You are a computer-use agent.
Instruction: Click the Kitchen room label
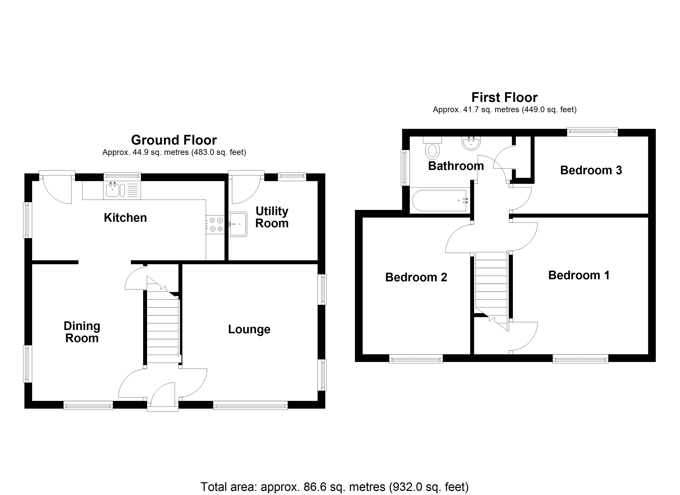125,218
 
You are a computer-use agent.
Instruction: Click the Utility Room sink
238,224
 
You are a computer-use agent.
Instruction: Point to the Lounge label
249,329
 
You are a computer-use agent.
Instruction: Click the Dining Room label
82,332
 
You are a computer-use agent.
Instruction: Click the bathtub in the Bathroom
439,200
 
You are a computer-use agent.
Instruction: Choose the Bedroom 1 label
579,275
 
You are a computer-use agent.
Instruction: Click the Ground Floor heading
174,140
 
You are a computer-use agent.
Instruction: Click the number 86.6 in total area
315,487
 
